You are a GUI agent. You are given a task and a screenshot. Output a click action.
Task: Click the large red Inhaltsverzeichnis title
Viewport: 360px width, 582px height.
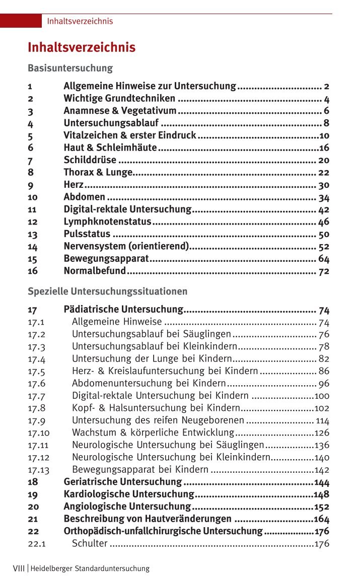coord(81,48)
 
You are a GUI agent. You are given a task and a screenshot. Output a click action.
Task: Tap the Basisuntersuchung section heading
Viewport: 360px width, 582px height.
coord(70,68)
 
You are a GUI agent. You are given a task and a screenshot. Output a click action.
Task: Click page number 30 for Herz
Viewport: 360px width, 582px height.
coord(324,185)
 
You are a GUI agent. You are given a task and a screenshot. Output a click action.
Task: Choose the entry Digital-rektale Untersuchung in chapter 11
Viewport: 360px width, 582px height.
coord(127,209)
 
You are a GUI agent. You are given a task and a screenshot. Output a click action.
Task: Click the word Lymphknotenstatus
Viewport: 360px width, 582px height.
coord(107,222)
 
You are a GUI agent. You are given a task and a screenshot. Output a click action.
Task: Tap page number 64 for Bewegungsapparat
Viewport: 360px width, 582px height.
coord(324,259)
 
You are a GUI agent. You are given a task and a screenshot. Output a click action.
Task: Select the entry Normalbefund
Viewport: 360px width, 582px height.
coord(94,271)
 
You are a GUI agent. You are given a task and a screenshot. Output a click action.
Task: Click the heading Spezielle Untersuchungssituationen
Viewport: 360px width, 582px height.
coord(107,292)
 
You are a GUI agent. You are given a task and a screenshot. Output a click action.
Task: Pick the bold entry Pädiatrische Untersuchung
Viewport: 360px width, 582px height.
coord(123,309)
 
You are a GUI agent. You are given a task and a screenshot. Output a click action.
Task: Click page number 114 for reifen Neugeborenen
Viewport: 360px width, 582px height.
coord(322,420)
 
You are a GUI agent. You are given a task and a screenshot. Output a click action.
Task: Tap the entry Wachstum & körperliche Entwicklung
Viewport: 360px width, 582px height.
coord(153,432)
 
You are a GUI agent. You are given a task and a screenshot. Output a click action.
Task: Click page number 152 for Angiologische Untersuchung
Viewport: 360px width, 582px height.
coord(322,506)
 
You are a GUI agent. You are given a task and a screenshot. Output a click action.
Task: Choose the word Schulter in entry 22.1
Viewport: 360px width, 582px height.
coord(90,544)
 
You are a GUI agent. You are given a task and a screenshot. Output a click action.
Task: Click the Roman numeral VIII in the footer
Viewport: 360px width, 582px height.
coord(19,568)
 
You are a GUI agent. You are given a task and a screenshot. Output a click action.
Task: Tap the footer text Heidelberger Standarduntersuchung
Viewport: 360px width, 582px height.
coord(90,568)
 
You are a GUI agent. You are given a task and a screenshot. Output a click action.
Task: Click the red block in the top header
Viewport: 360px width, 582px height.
coord(21,21)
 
